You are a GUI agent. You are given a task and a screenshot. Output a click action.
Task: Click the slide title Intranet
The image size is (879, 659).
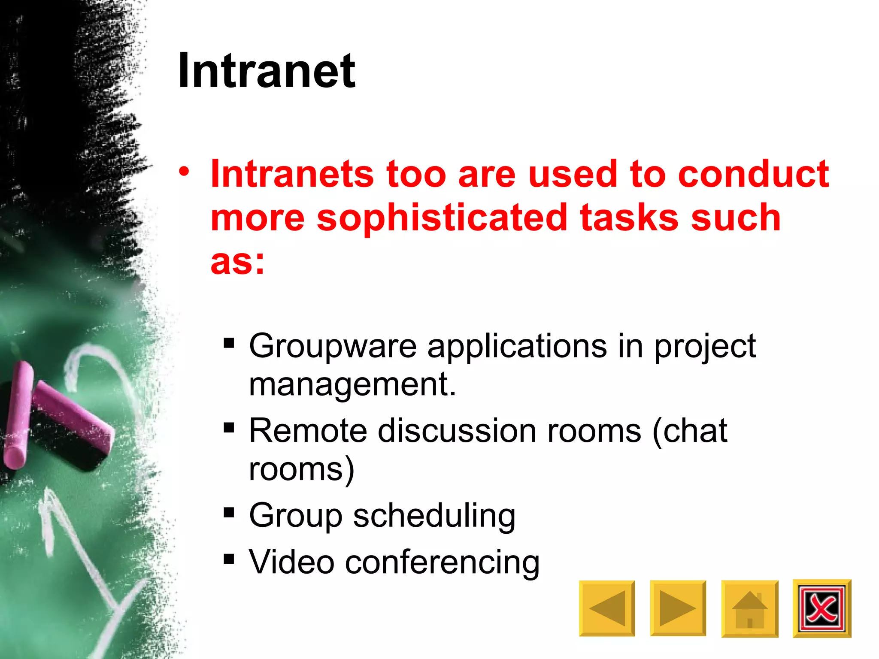[267, 71]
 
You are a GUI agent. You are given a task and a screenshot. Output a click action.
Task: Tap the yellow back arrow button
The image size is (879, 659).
[606, 608]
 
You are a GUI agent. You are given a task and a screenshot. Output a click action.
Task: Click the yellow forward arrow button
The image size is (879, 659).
[678, 608]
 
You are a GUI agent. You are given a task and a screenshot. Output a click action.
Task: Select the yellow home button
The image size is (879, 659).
[749, 608]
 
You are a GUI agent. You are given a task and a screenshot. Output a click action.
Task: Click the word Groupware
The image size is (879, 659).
[333, 347]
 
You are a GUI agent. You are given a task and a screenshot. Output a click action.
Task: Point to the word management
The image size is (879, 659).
[352, 384]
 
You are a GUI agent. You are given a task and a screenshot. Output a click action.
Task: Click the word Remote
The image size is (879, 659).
[308, 431]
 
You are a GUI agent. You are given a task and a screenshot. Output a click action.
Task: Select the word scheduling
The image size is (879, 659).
[434, 516]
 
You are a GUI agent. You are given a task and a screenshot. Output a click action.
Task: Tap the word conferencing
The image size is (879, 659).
[442, 562]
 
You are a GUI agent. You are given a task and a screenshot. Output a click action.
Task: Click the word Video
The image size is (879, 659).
[291, 562]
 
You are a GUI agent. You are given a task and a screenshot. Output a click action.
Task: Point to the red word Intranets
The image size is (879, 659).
[292, 174]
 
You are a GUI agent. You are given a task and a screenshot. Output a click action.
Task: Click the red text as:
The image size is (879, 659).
[237, 262]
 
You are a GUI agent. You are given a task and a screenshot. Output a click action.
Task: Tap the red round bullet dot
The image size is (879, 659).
[184, 172]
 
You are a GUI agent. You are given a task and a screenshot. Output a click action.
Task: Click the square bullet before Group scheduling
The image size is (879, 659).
[229, 512]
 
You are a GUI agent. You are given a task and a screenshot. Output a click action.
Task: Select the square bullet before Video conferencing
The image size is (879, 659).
[229, 559]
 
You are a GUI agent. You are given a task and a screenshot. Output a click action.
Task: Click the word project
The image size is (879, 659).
[704, 347]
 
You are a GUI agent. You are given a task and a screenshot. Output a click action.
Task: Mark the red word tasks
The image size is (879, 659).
[629, 218]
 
